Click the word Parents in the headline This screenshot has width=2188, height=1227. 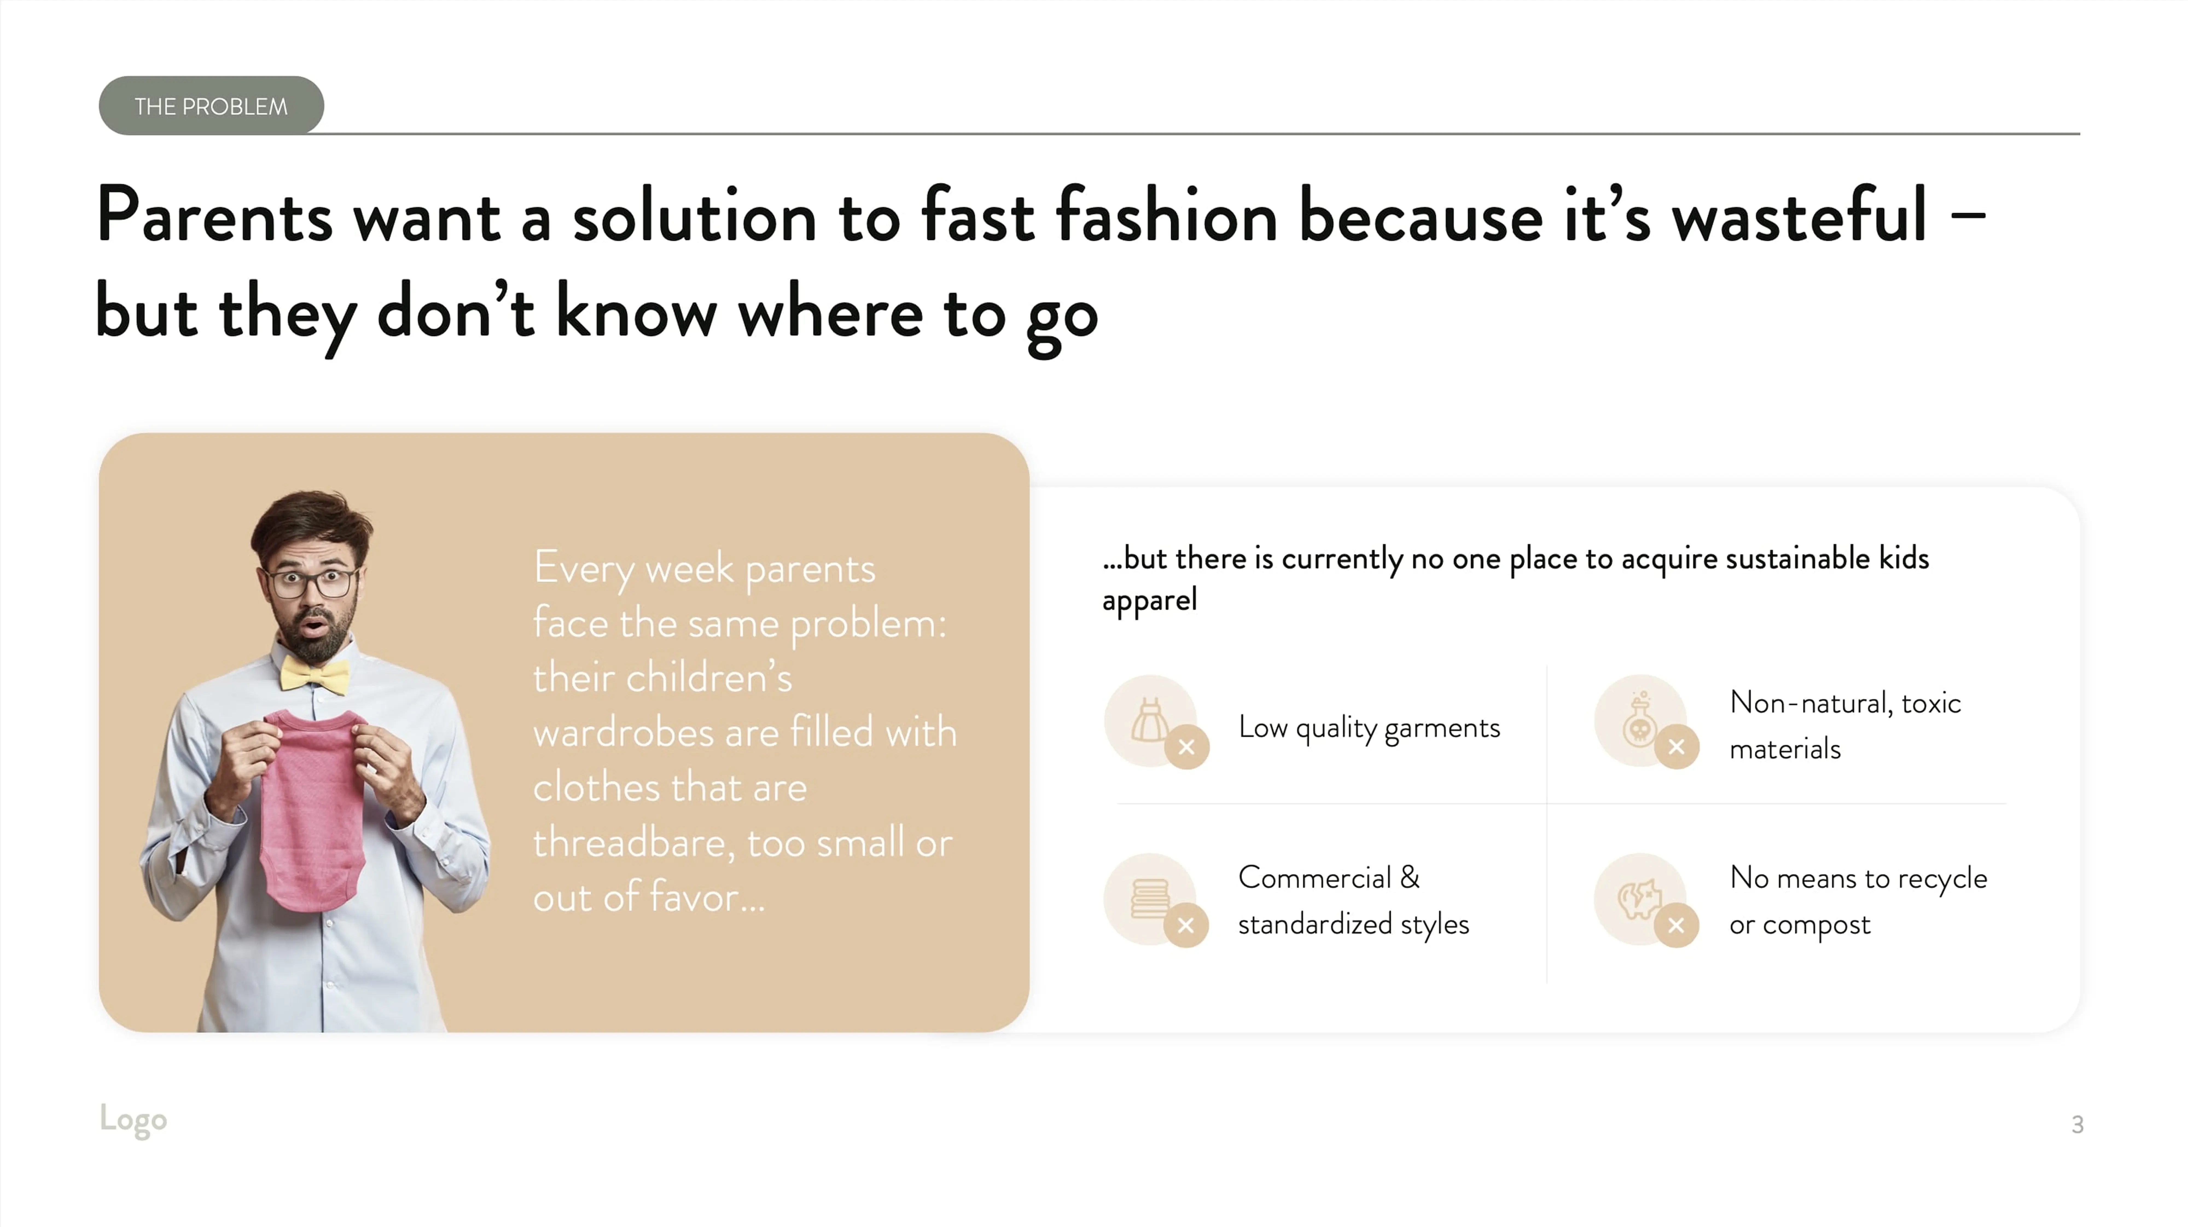click(214, 216)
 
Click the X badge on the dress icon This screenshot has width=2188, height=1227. click(1187, 747)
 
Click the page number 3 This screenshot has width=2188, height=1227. click(2077, 1124)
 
